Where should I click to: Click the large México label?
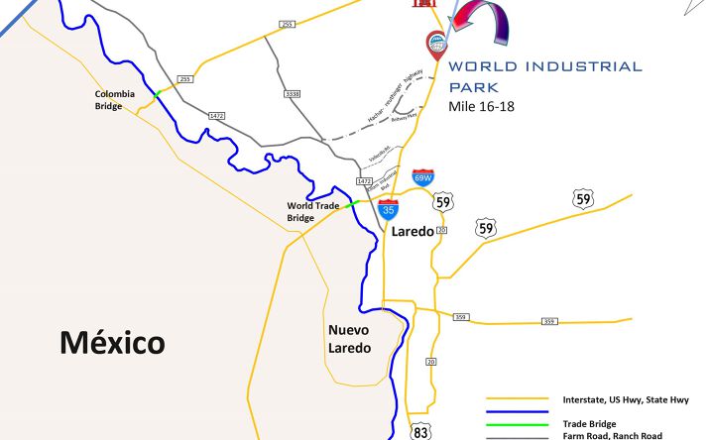pyautogui.click(x=112, y=344)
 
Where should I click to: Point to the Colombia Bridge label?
pyautogui.click(x=109, y=100)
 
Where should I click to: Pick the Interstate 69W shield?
pyautogui.click(x=423, y=178)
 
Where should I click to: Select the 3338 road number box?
pyautogui.click(x=293, y=94)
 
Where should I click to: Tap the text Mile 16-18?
pyautogui.click(x=481, y=106)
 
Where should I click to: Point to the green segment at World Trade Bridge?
pyautogui.click(x=352, y=205)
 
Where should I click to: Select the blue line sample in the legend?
pyautogui.click(x=518, y=411)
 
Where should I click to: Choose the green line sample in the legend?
pyautogui.click(x=518, y=424)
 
